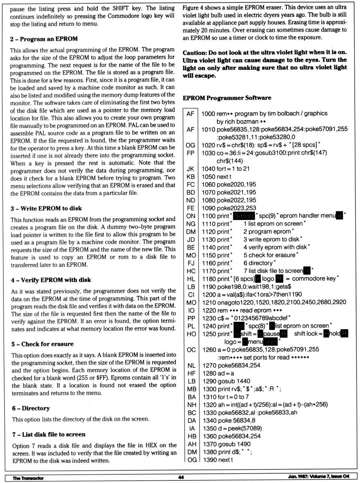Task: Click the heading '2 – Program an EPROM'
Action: (x=44, y=39)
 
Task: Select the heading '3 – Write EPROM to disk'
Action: (x=46, y=208)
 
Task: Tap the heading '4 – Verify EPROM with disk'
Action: (x=51, y=280)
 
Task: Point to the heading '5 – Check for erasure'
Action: (x=42, y=344)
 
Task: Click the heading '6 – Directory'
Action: (x=31, y=408)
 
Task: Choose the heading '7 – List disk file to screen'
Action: (x=49, y=434)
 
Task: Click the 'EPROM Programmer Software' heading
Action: (x=227, y=98)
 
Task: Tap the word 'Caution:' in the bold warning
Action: (x=195, y=52)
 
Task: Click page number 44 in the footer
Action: (x=181, y=477)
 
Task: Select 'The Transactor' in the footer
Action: (x=28, y=478)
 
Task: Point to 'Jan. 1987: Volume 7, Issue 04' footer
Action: (x=319, y=476)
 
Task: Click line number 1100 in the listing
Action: (x=208, y=216)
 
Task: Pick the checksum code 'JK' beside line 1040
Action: (x=190, y=169)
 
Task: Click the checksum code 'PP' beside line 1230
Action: (x=191, y=318)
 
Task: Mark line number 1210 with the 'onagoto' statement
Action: (x=209, y=302)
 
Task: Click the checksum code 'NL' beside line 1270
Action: (x=191, y=365)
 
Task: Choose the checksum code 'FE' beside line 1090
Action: (x=190, y=208)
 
